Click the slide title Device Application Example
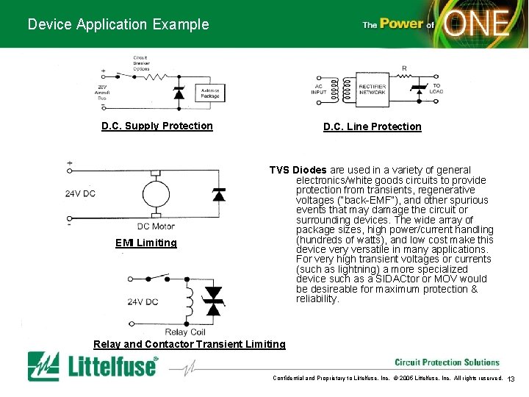(118, 24)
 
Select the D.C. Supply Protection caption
(157, 126)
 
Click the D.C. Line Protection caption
(373, 126)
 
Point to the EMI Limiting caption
(146, 243)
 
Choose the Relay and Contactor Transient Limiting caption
(190, 344)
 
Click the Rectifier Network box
(373, 89)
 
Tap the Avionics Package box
(209, 93)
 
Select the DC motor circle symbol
(155, 194)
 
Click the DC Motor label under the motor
(156, 226)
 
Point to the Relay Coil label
(186, 332)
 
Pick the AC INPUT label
(319, 88)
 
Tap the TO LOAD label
(436, 88)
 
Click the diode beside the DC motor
(218, 194)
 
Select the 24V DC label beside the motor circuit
(79, 194)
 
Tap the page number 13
(512, 379)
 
